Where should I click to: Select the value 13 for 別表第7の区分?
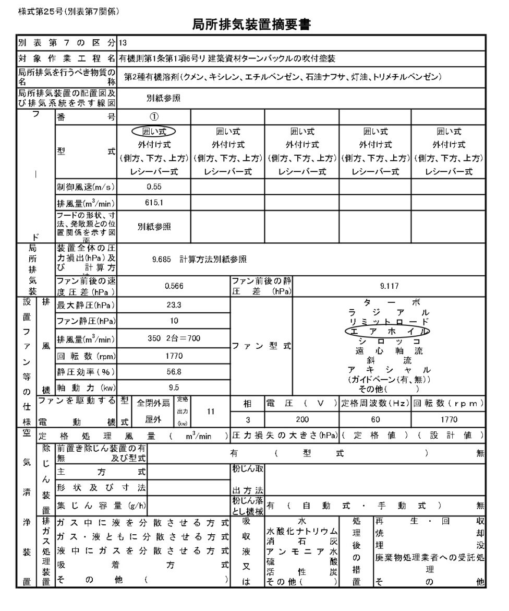click(x=123, y=43)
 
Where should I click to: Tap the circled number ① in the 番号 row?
click(x=154, y=117)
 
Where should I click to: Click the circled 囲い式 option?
click(x=154, y=131)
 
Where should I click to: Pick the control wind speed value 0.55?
click(x=154, y=186)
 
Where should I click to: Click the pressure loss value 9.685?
click(x=163, y=258)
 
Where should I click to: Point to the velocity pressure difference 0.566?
click(x=174, y=286)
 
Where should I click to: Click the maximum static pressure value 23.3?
click(x=174, y=305)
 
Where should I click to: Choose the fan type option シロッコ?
click(x=389, y=342)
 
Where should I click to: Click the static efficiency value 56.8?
click(x=174, y=372)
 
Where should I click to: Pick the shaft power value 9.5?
click(x=174, y=387)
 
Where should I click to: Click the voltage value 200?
click(x=302, y=419)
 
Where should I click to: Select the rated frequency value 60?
click(x=375, y=419)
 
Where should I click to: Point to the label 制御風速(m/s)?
click(x=86, y=187)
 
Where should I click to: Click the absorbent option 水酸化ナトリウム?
click(x=302, y=531)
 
